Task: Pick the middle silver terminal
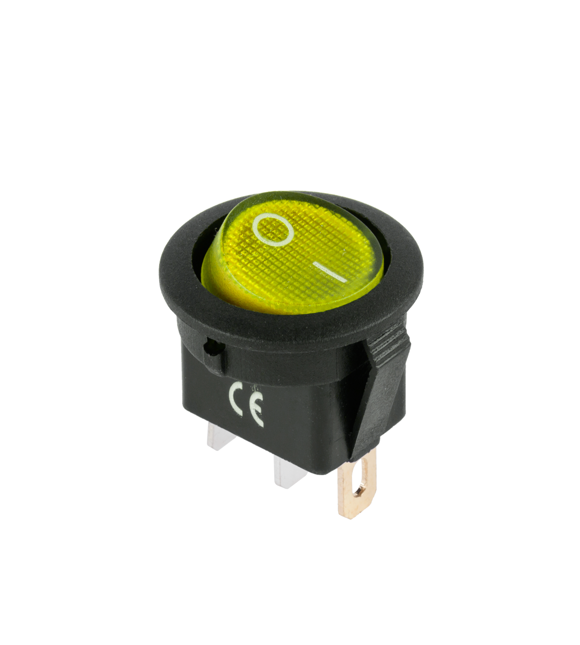[288, 472]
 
